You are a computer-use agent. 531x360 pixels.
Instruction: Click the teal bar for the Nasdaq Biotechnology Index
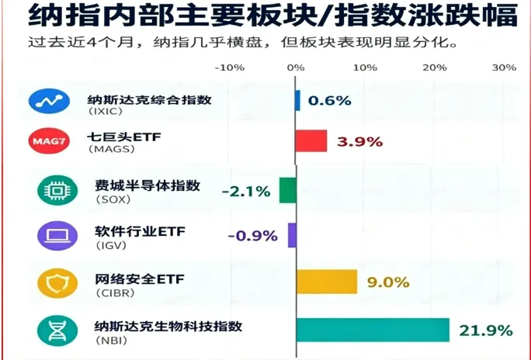tap(373, 330)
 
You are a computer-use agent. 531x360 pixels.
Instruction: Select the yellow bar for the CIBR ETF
tap(327, 282)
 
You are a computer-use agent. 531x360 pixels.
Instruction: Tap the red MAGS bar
tap(311, 140)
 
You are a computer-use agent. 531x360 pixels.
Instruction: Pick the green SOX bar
tap(288, 191)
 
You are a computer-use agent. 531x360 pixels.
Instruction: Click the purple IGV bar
tap(292, 235)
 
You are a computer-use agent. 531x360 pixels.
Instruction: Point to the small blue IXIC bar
tap(297, 101)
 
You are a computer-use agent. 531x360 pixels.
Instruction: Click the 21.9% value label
tap(486, 331)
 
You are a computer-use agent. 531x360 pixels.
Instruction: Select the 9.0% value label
tap(388, 282)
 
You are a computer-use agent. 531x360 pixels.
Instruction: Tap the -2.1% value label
tap(246, 192)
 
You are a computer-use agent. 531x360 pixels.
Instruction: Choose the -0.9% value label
tap(253, 236)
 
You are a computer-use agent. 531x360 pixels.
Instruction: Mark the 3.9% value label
tap(359, 142)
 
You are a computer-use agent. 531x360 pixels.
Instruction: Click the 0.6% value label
tap(329, 101)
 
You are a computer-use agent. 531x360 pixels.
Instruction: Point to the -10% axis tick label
tap(230, 67)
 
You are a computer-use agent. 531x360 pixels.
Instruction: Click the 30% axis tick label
tap(505, 67)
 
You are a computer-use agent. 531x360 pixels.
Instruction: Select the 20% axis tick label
tap(435, 67)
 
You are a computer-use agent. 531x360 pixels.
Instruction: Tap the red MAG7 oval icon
tap(49, 140)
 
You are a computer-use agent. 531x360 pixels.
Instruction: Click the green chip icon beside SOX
tap(57, 191)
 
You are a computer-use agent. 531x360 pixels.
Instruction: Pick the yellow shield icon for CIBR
tap(57, 283)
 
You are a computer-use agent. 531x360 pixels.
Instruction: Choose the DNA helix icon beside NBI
tap(57, 331)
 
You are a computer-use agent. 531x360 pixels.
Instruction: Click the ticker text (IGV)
tap(112, 245)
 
